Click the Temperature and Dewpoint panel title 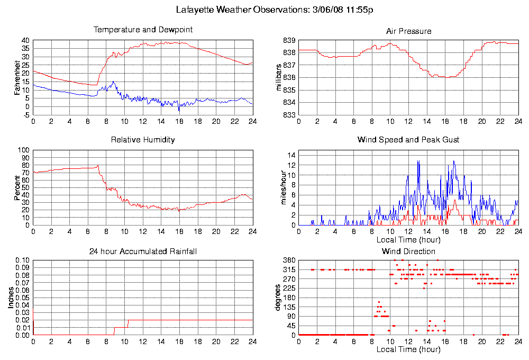(x=143, y=30)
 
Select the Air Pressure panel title (x=408, y=31)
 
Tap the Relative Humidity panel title (x=143, y=140)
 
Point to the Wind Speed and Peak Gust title (x=408, y=140)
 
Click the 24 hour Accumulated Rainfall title (x=143, y=251)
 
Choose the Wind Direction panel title (x=408, y=251)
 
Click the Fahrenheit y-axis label (x=17, y=78)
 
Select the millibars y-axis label (x=280, y=78)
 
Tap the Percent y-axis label (x=17, y=187)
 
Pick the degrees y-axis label (x=280, y=298)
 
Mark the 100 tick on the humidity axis (x=23, y=150)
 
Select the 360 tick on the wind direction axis (x=289, y=260)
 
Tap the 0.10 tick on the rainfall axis (x=22, y=260)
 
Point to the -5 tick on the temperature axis (x=25, y=115)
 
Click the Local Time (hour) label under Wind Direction (x=408, y=349)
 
